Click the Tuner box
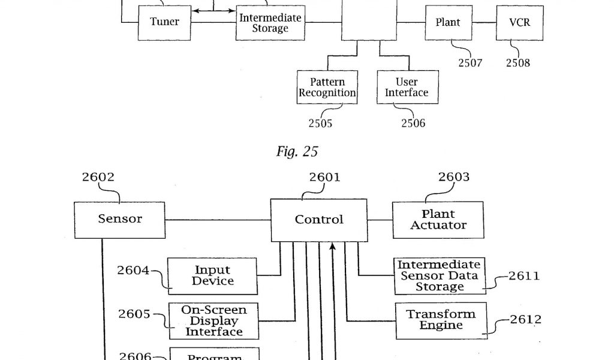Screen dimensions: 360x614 point(164,22)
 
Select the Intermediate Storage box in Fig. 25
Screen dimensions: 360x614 point(270,23)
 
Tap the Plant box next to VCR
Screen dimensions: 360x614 point(448,22)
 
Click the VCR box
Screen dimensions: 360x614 point(519,22)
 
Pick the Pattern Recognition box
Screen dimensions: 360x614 point(327,87)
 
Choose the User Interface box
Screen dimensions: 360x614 point(407,87)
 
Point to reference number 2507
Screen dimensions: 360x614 point(470,62)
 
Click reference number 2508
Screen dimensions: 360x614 point(518,62)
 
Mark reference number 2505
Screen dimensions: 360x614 point(320,124)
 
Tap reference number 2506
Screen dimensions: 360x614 point(413,124)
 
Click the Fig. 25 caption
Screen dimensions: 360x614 point(297,152)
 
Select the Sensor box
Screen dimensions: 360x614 point(120,219)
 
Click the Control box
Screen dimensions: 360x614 point(319,220)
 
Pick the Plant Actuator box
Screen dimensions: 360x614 point(438,220)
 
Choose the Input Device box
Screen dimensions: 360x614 point(212,275)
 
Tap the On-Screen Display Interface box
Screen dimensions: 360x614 point(214,321)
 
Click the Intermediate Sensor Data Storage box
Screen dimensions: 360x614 point(440,275)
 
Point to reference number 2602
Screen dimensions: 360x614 point(98,177)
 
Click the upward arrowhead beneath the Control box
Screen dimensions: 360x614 point(332,246)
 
